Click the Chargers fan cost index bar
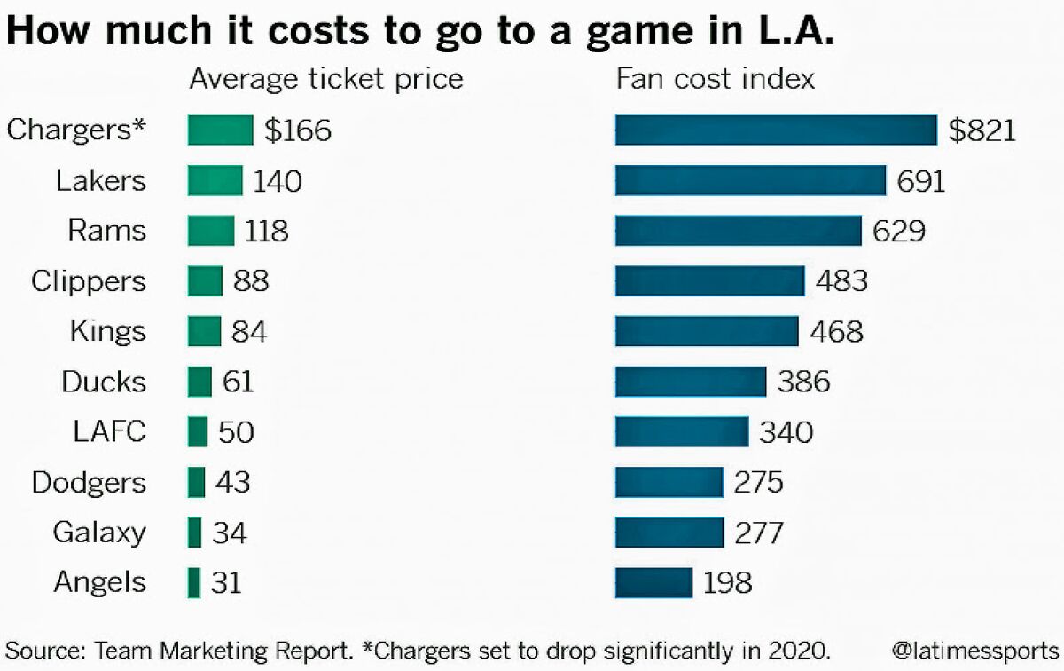click(x=776, y=130)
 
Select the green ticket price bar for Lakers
click(x=215, y=181)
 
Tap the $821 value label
click(x=982, y=130)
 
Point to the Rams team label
click(x=106, y=231)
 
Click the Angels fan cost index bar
click(x=653, y=583)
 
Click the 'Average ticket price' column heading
click(x=326, y=79)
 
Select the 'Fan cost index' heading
click(x=716, y=79)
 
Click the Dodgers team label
click(x=89, y=483)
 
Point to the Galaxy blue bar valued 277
click(x=669, y=533)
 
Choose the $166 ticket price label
click(x=298, y=130)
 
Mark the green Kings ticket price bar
click(x=204, y=332)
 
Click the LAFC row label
click(x=110, y=432)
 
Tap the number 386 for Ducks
click(x=803, y=382)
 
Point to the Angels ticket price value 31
click(x=226, y=583)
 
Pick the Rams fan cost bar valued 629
click(x=738, y=231)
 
